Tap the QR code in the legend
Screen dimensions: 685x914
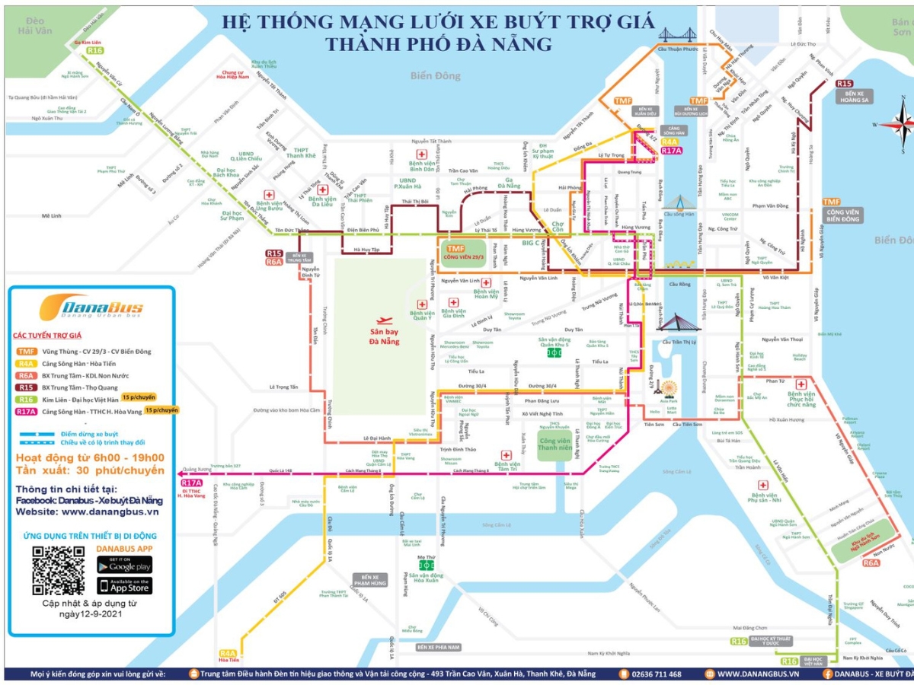click(x=58, y=570)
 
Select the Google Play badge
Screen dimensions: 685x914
click(x=124, y=564)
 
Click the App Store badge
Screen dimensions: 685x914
click(x=124, y=585)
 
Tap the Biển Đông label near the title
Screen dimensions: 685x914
click(x=436, y=75)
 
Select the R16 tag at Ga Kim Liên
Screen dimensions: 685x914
click(x=94, y=50)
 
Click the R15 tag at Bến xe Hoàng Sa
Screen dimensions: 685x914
click(x=844, y=84)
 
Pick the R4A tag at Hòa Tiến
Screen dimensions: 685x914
click(x=228, y=653)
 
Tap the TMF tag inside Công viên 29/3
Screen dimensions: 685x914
click(x=455, y=249)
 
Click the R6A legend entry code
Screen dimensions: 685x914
click(x=27, y=375)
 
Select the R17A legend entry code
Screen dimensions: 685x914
click(x=27, y=411)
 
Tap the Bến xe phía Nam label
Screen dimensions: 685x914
click(x=439, y=647)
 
